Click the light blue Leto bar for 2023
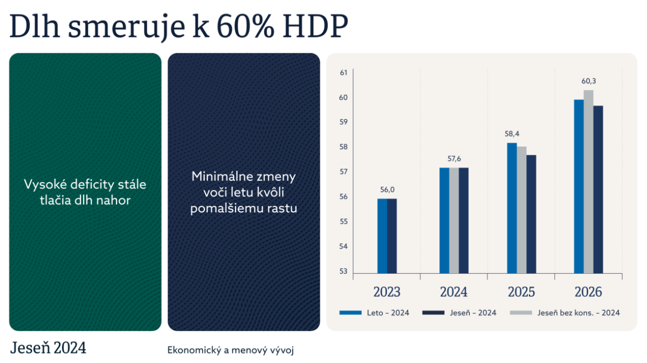click(x=382, y=236)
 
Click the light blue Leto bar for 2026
click(x=579, y=186)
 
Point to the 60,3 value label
click(x=589, y=82)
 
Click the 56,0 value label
click(x=387, y=190)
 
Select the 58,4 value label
click(x=512, y=133)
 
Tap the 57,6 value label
click(x=454, y=159)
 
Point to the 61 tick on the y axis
click(x=343, y=72)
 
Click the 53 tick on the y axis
click(x=343, y=271)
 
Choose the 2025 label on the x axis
click(x=521, y=292)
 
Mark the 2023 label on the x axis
click(x=387, y=292)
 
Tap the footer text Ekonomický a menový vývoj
click(x=230, y=349)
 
